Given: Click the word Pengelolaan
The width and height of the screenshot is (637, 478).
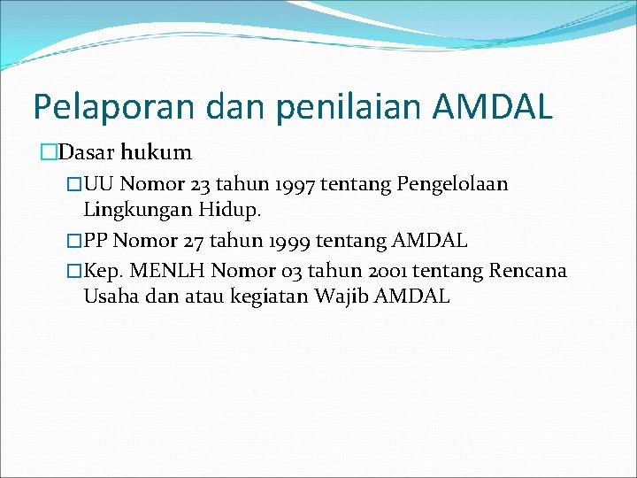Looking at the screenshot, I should (453, 184).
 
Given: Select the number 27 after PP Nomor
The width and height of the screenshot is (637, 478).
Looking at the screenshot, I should (193, 240).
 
